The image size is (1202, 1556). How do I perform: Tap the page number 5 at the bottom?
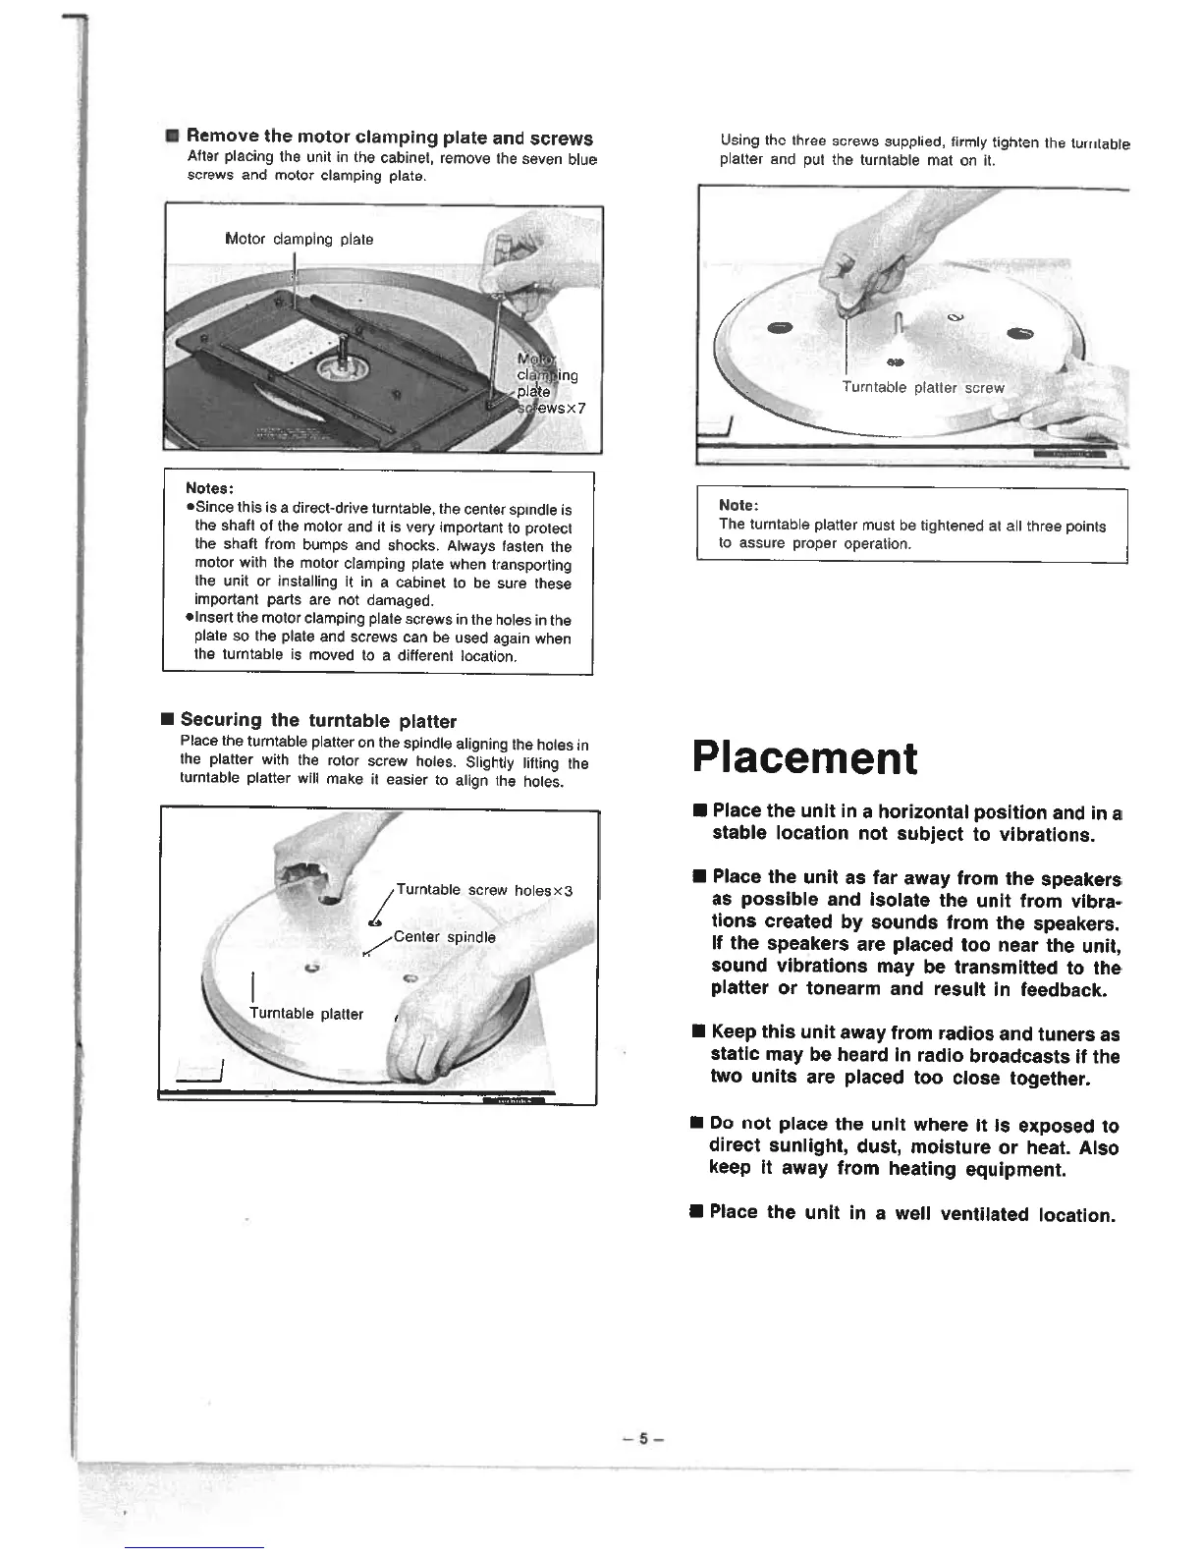[644, 1439]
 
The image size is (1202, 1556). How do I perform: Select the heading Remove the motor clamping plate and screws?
[389, 138]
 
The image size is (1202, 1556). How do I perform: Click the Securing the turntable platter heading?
[318, 720]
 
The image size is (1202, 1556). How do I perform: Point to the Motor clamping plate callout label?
[299, 239]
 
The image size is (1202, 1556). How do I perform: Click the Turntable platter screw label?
[922, 388]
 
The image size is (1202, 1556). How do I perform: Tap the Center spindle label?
[444, 937]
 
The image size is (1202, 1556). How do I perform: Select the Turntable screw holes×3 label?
[483, 890]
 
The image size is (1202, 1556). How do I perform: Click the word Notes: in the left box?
[208, 489]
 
